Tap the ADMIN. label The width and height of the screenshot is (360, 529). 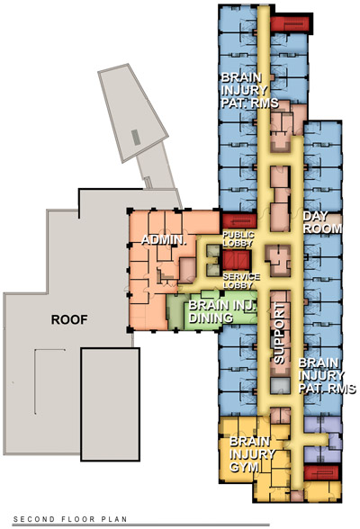[162, 241]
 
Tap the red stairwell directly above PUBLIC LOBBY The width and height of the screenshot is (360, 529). [239, 220]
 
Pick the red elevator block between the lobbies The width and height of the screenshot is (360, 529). [241, 259]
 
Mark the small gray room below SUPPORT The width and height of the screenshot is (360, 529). [280, 385]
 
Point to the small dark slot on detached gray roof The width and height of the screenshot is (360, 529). [136, 136]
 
